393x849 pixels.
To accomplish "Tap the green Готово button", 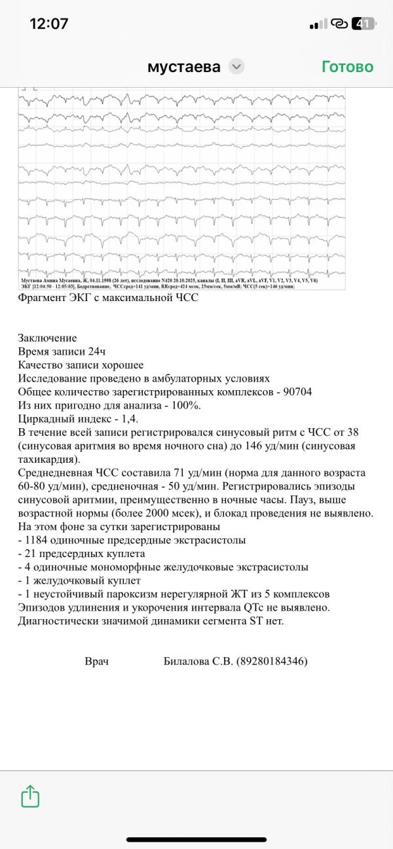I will pyautogui.click(x=347, y=67).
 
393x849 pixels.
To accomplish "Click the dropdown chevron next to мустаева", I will pyautogui.click(x=236, y=67).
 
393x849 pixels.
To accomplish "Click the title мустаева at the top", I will pyautogui.click(x=184, y=67).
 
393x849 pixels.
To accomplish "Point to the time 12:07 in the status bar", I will pyautogui.click(x=49, y=24).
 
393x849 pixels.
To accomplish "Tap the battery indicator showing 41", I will pyautogui.click(x=364, y=24).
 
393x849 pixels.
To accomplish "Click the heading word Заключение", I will pyautogui.click(x=47, y=338).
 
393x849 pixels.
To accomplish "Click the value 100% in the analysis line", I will pyautogui.click(x=185, y=405).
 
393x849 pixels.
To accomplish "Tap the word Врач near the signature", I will pyautogui.click(x=97, y=661).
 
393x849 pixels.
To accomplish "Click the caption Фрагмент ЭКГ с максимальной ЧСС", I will pyautogui.click(x=107, y=298).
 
